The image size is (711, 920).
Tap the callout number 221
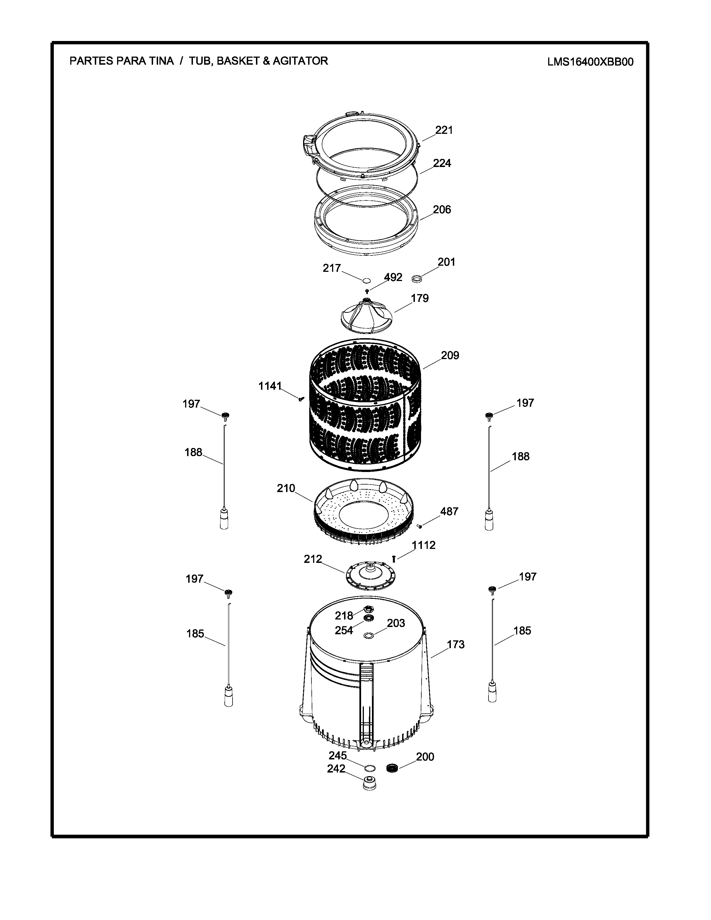coord(444,130)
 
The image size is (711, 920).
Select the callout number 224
coord(442,163)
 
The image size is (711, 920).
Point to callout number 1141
coord(270,386)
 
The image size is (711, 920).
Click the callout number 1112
coord(424,545)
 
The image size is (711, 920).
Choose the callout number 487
coord(449,511)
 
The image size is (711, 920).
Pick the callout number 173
coord(456,645)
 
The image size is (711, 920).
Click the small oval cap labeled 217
coord(366,280)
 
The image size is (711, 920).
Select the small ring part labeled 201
coord(417,279)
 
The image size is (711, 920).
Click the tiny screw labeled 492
coord(367,291)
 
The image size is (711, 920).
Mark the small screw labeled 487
coord(420,526)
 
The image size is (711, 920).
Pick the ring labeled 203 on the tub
coord(369,635)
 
